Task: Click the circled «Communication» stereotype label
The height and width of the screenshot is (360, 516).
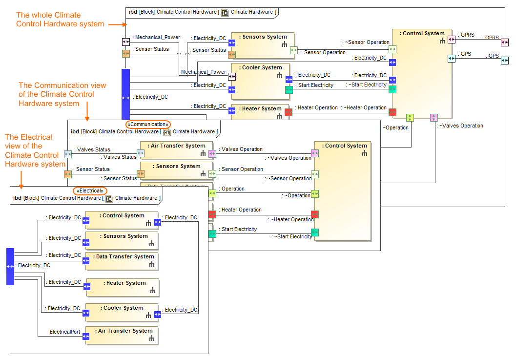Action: click(148, 124)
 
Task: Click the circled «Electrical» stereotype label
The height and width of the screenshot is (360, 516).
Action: click(89, 191)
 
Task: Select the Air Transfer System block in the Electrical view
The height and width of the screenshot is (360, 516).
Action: click(122, 336)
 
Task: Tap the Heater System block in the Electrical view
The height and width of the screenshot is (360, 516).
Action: click(123, 288)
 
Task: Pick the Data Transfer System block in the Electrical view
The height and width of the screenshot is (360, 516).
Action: click(122, 261)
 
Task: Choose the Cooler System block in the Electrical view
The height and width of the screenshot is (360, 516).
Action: click(122, 312)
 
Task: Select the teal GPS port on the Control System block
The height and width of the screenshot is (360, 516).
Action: click(452, 59)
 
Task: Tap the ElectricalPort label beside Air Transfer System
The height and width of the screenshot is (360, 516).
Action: click(65, 332)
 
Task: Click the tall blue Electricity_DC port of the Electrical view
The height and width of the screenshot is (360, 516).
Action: click(10, 266)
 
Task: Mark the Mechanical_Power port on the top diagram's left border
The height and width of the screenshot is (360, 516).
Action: click(126, 42)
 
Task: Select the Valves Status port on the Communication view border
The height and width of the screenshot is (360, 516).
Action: click(68, 154)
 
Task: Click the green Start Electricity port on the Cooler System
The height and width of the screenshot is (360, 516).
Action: click(289, 89)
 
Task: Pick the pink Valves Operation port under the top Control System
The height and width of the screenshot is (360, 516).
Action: click(433, 117)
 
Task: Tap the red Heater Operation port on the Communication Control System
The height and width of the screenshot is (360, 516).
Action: click(315, 214)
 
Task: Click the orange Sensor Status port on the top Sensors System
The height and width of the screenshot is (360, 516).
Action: click(232, 55)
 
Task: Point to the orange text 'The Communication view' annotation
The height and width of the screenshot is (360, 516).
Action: click(62, 94)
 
